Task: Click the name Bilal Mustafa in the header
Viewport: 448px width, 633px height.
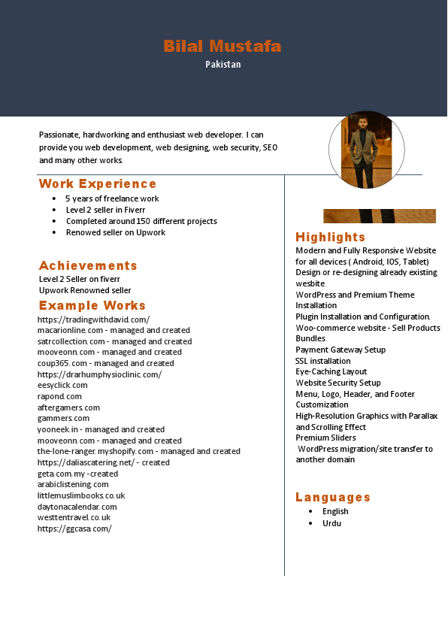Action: (x=222, y=47)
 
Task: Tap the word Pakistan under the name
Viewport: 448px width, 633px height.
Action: (x=223, y=65)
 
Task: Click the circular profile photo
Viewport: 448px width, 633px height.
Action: (x=366, y=150)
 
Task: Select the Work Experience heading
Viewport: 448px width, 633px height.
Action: (x=98, y=184)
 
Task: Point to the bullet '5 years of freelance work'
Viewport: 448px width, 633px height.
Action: (x=112, y=198)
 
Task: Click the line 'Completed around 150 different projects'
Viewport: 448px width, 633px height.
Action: (x=141, y=221)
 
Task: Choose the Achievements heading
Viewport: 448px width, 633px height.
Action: (x=88, y=265)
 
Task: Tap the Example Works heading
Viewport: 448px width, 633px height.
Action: (x=92, y=305)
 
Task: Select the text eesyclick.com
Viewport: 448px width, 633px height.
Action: (x=62, y=385)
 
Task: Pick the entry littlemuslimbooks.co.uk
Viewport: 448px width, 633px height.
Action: (x=81, y=495)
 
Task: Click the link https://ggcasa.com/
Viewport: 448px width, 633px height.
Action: (x=74, y=529)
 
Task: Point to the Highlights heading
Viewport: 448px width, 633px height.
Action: (x=330, y=238)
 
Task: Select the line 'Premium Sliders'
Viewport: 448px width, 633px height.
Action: (x=325, y=438)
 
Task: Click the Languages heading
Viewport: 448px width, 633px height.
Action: (x=333, y=498)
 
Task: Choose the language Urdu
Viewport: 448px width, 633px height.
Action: (x=331, y=523)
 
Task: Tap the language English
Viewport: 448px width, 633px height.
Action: (x=335, y=511)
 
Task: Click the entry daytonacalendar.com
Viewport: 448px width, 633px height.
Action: (x=77, y=507)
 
